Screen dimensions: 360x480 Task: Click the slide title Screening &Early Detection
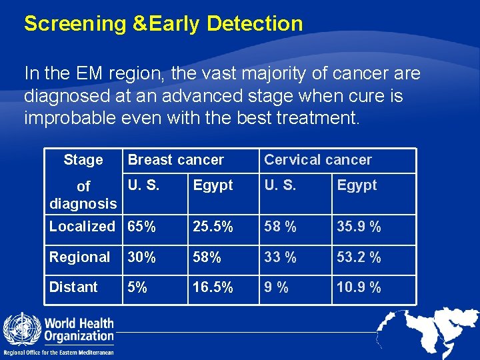click(x=163, y=24)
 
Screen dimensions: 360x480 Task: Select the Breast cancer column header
click(x=176, y=160)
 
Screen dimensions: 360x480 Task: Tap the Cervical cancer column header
click(x=318, y=160)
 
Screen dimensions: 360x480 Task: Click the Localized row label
click(x=82, y=227)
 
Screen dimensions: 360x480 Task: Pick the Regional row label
click(x=79, y=257)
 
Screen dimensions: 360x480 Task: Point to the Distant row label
click(x=73, y=287)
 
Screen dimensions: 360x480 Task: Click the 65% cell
click(x=142, y=227)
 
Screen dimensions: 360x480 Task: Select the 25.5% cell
click(x=213, y=227)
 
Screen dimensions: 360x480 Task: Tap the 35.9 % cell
click(x=359, y=227)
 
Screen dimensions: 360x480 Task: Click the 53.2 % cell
click(x=359, y=257)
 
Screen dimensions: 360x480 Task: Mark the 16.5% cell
click(x=213, y=287)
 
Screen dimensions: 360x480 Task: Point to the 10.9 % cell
click(x=359, y=287)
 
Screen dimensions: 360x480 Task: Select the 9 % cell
click(x=276, y=287)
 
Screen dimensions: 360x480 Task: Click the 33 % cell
click(x=280, y=257)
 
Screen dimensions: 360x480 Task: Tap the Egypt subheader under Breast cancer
click(x=213, y=185)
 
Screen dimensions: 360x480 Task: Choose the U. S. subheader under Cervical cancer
click(x=280, y=185)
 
